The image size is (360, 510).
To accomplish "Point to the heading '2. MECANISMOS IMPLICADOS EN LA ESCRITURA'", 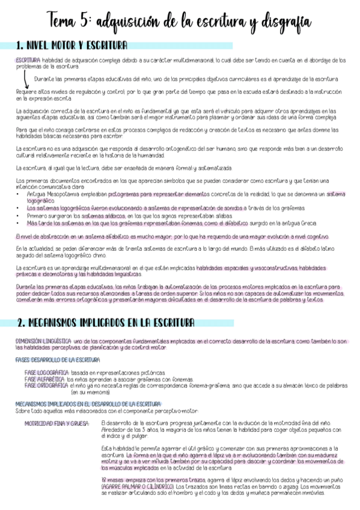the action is (105, 322).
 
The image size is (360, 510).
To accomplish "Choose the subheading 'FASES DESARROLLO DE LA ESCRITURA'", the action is (57, 360).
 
